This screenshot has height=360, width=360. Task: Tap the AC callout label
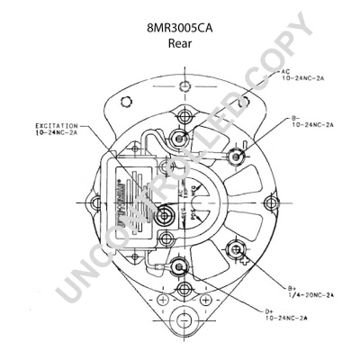pyautogui.click(x=284, y=70)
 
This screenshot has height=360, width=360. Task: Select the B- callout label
pyautogui.click(x=294, y=117)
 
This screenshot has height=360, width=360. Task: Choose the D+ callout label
pyautogui.click(x=269, y=310)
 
